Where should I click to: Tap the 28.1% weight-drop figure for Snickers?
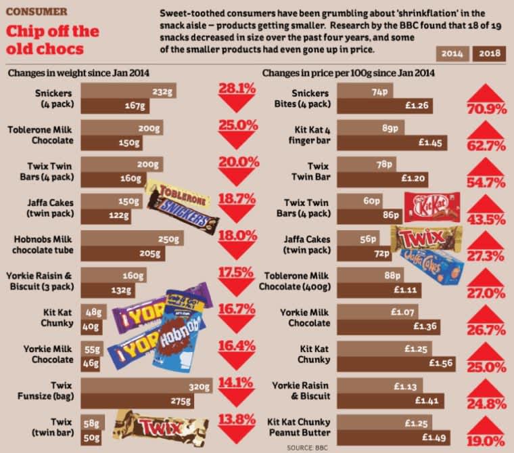pyautogui.click(x=236, y=89)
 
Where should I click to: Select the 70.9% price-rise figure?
pyautogui.click(x=486, y=108)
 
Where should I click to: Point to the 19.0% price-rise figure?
pyautogui.click(x=486, y=441)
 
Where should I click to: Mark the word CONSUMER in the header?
pyautogui.click(x=37, y=12)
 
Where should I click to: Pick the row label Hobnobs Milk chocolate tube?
pyautogui.click(x=41, y=244)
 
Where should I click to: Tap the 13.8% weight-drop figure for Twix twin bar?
pyautogui.click(x=236, y=419)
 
